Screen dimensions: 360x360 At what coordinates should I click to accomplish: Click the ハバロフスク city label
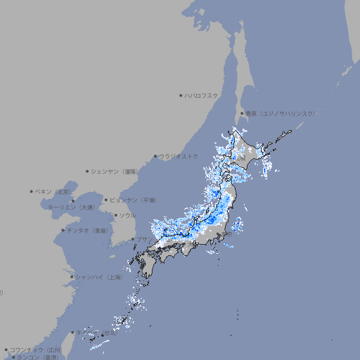tap(202, 95)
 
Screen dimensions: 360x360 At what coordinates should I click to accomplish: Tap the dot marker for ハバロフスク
tap(181, 95)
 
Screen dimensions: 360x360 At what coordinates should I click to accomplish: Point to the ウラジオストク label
tap(179, 156)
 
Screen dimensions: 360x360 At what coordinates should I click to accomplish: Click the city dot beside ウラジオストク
tap(155, 157)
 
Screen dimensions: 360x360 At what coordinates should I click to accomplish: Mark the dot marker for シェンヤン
tap(88, 171)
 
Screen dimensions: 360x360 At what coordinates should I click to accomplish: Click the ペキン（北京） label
tap(53, 191)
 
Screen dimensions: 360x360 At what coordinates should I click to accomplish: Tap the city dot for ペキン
tap(32, 191)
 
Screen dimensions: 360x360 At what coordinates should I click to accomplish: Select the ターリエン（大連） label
tap(71, 207)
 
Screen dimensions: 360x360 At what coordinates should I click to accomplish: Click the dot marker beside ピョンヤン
tap(106, 200)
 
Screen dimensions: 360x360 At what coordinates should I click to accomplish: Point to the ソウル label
tap(127, 215)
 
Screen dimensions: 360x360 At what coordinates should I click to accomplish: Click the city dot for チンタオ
tap(63, 230)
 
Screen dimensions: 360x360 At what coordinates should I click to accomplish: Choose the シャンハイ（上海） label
tap(98, 277)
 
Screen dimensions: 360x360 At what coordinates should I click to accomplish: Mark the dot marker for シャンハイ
tap(72, 277)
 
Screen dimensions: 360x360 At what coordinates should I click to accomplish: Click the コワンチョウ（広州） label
tap(36, 349)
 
